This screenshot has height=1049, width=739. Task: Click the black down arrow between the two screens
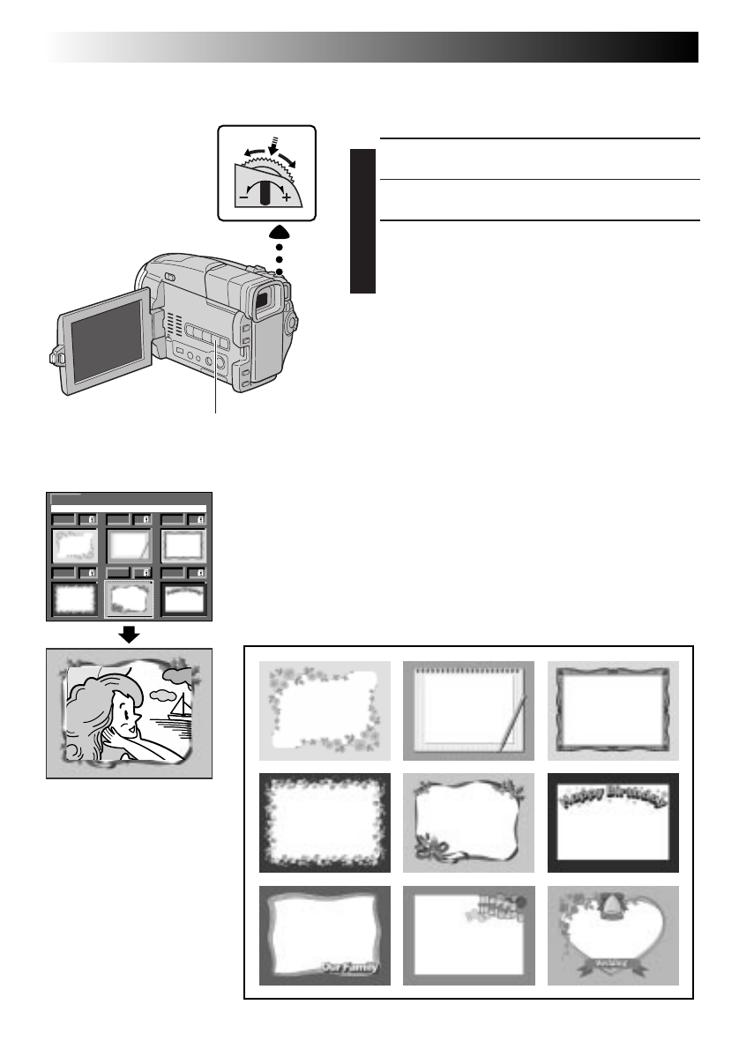(130, 635)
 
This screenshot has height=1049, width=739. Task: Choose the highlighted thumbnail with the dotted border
(130, 599)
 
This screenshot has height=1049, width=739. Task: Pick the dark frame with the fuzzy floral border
(325, 822)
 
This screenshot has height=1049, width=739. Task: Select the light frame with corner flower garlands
(325, 710)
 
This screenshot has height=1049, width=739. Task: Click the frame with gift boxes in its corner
(469, 935)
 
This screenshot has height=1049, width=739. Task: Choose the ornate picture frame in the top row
(613, 710)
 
